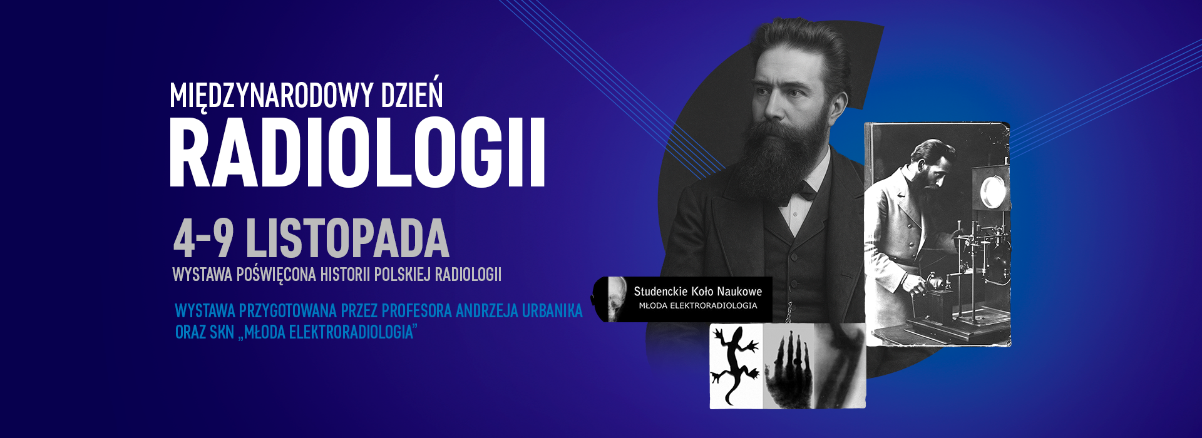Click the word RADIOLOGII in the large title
pyautogui.click(x=357, y=154)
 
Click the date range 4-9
pyautogui.click(x=203, y=239)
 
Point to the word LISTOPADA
pyautogui.click(x=347, y=239)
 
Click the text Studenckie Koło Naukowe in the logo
pyautogui.click(x=697, y=291)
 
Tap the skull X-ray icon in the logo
pyautogui.click(x=617, y=299)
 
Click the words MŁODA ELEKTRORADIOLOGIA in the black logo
pyautogui.click(x=697, y=306)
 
